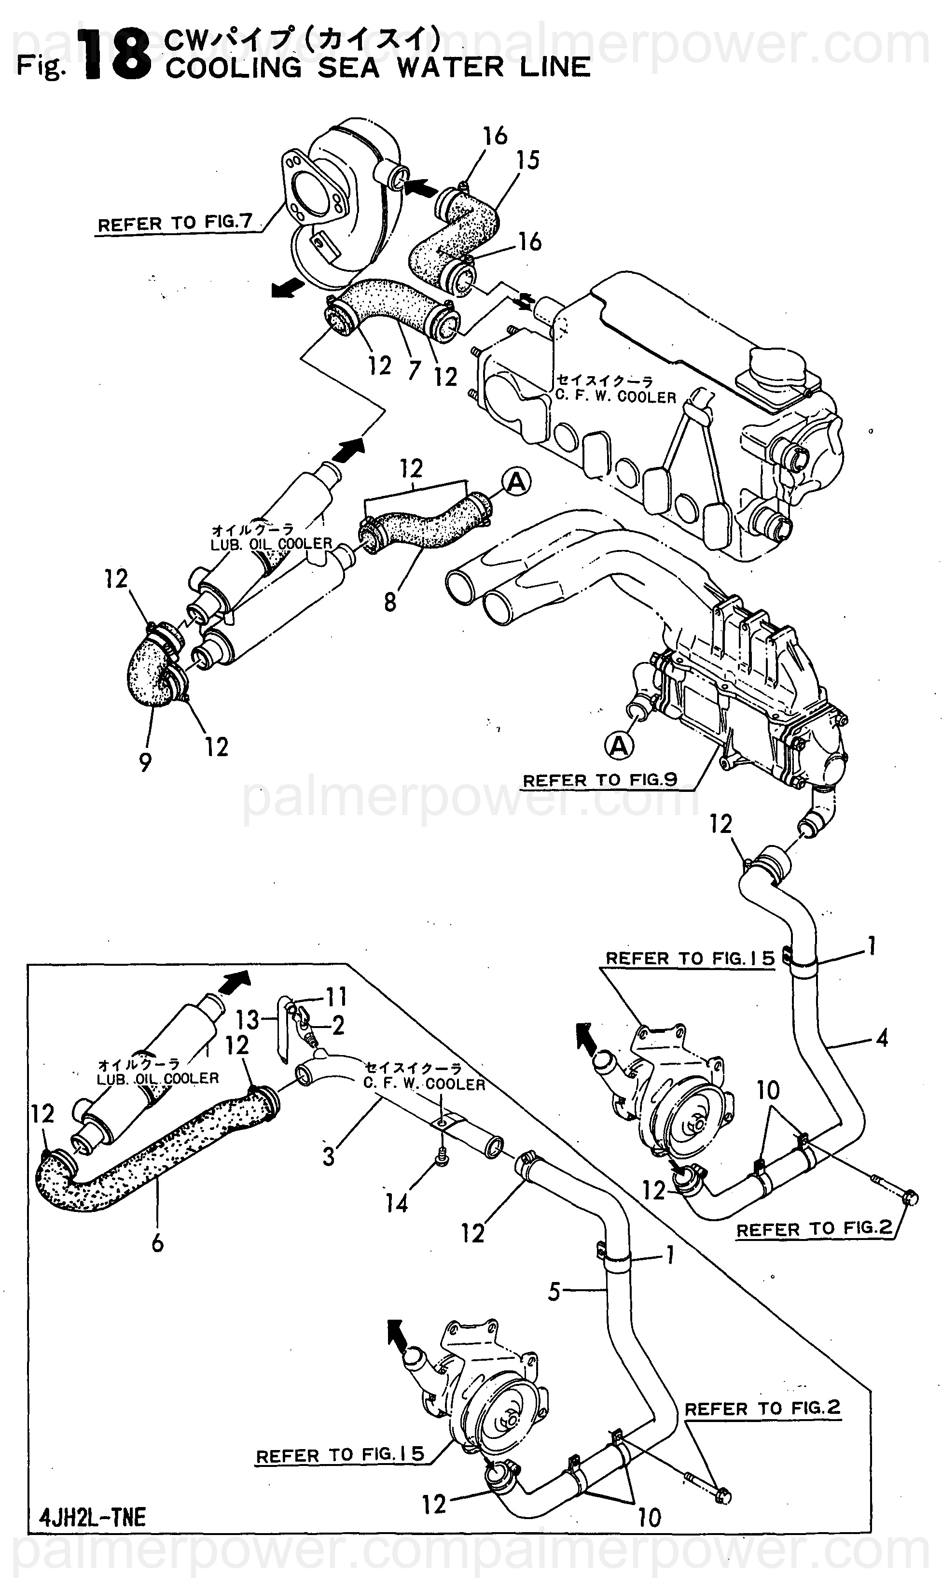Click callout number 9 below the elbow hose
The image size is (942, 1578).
point(145,761)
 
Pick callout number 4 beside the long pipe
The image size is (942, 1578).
point(882,1039)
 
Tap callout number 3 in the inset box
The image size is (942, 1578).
point(328,1156)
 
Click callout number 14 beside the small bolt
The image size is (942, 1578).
point(397,1203)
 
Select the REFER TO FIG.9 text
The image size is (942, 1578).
point(599,780)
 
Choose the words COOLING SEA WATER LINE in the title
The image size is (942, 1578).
point(378,67)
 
